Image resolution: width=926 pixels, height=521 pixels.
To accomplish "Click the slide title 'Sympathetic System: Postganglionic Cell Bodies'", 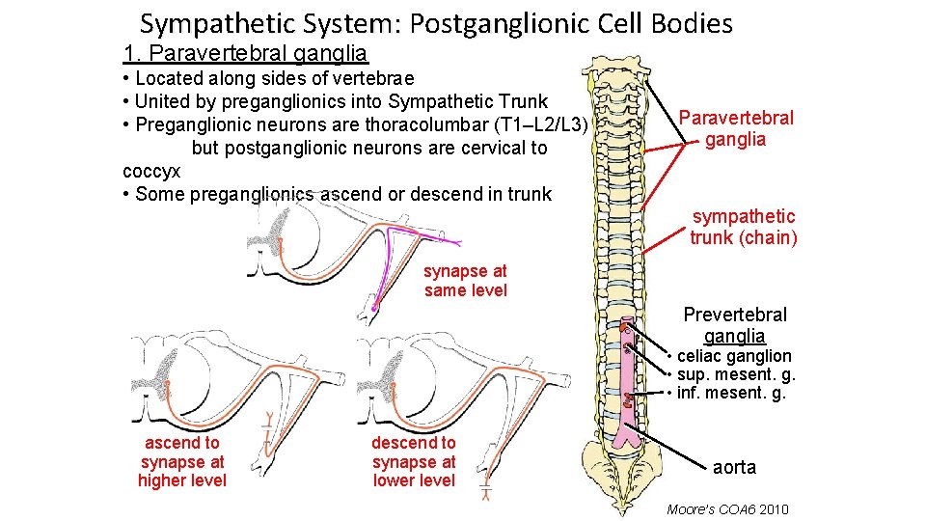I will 436,23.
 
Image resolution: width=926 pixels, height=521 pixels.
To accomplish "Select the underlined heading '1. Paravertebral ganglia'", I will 246,53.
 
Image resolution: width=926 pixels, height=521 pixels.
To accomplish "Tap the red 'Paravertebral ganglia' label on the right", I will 736,128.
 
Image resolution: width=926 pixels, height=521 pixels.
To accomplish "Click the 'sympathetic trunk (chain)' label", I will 743,227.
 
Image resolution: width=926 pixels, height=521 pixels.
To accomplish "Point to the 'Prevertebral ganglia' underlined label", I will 735,325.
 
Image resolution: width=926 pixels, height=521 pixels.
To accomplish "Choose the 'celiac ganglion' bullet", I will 733,356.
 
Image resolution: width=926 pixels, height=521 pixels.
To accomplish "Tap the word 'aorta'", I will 734,467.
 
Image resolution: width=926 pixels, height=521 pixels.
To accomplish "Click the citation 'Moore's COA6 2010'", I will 727,508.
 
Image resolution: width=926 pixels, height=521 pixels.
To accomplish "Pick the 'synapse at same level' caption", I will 465,281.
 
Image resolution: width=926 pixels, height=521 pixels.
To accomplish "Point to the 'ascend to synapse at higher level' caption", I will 182,461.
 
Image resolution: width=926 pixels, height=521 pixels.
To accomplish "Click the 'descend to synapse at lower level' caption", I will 414,461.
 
